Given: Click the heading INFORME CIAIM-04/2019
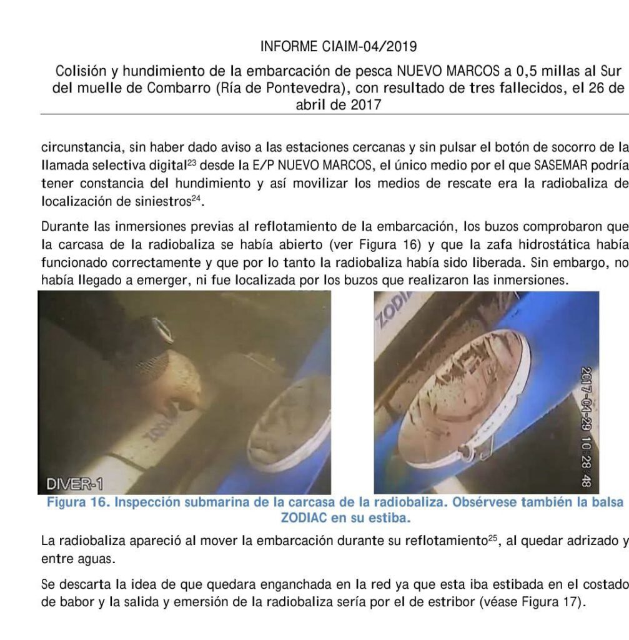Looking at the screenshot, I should click(x=339, y=46).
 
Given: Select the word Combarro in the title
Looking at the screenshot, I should click(x=179, y=87).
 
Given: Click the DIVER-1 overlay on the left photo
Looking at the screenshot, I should click(x=74, y=484).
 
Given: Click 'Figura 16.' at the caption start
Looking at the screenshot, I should click(x=75, y=504).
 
